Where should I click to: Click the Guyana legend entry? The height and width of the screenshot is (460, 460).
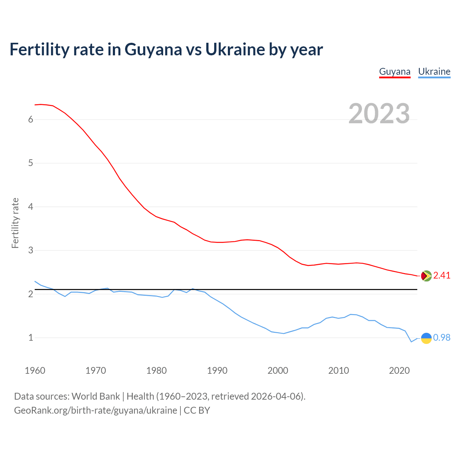[x=395, y=72]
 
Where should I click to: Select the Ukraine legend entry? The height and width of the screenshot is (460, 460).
[x=434, y=72]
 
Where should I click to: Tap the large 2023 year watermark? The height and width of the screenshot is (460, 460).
[x=379, y=114]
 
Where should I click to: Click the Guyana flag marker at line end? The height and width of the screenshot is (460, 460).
[x=426, y=276]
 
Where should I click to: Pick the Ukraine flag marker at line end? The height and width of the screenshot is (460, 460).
[x=426, y=338]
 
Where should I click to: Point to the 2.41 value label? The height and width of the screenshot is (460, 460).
[x=442, y=276]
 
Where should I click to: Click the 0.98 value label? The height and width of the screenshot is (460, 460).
[x=442, y=338]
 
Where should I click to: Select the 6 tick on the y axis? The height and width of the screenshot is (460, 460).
[x=31, y=120]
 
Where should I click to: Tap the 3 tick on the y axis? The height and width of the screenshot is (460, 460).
[x=31, y=250]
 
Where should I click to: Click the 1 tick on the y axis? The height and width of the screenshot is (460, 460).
[x=31, y=338]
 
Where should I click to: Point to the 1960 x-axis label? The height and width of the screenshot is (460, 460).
[x=35, y=371]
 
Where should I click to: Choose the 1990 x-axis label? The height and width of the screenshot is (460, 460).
[x=217, y=371]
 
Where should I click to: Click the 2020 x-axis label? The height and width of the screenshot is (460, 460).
[x=399, y=371]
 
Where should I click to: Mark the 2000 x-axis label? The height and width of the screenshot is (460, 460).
[x=278, y=371]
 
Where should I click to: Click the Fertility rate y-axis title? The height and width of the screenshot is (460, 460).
[x=15, y=223]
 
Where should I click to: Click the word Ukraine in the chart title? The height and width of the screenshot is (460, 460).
[x=235, y=50]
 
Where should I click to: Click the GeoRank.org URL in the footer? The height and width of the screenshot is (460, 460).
[x=95, y=410]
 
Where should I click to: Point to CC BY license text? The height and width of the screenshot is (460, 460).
[x=197, y=410]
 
